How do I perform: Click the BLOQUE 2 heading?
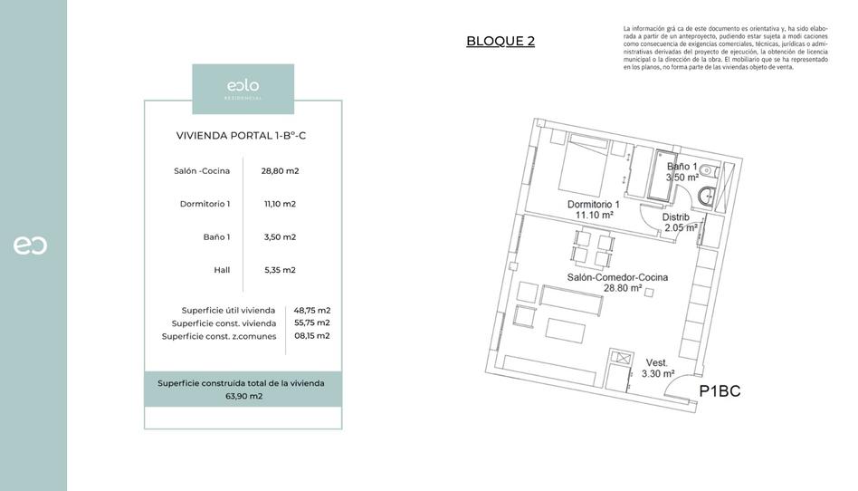point(500,41)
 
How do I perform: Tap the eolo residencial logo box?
point(243,89)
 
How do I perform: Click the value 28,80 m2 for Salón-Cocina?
point(280,170)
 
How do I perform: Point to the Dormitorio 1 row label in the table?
point(205,204)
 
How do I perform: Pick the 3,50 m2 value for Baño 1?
point(280,237)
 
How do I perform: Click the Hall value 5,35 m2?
point(280,270)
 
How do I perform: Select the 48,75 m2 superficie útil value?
point(311,310)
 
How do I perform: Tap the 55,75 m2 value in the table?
point(311,323)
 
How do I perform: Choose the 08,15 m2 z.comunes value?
point(311,335)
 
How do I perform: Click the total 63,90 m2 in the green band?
point(243,396)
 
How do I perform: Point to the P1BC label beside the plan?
point(720,391)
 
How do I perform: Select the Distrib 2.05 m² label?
point(679,223)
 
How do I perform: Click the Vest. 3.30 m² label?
point(657,368)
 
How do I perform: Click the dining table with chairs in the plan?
point(594,249)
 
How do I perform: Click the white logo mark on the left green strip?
point(30,246)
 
